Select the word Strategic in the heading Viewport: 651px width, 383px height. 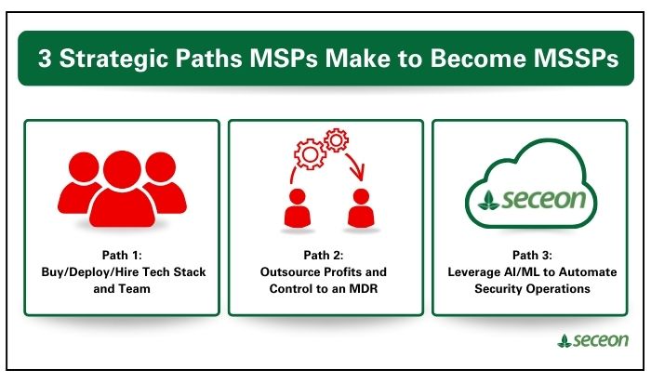(x=116, y=58)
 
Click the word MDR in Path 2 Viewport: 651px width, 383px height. (x=368, y=288)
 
